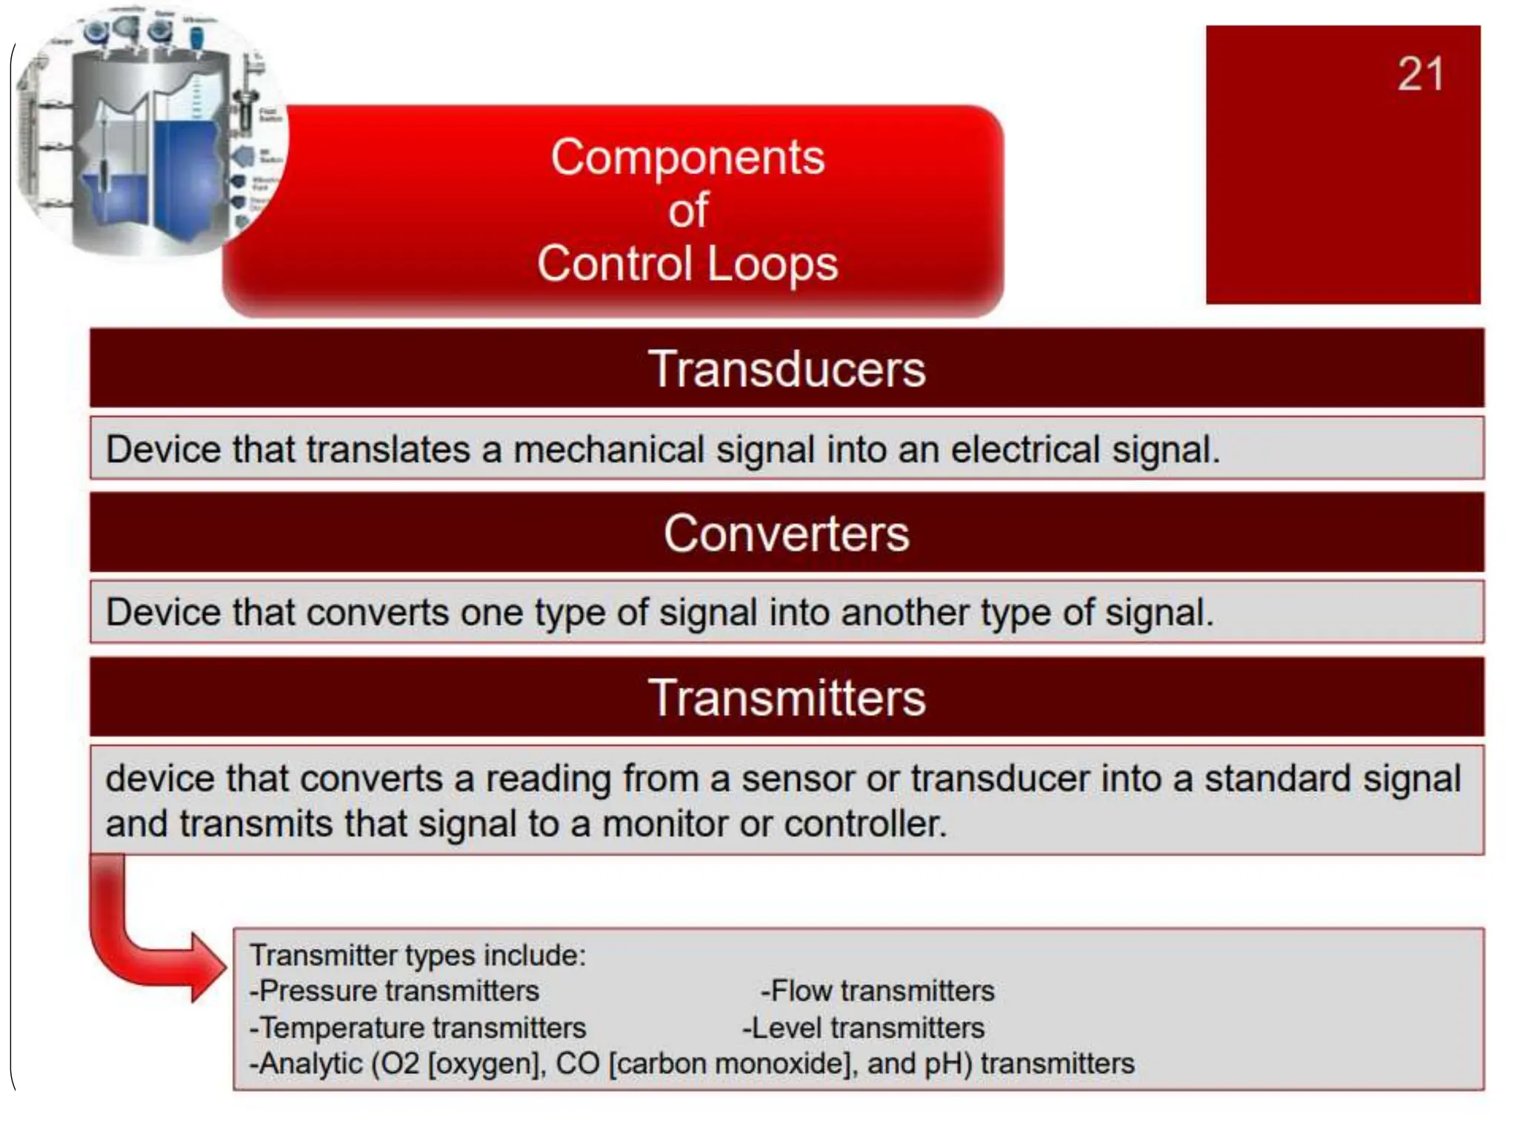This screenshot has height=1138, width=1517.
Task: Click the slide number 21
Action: point(1420,75)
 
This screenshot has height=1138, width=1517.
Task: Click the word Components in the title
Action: point(687,157)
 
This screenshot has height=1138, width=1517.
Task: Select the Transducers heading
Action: point(787,368)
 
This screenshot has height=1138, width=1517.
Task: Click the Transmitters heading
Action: point(787,697)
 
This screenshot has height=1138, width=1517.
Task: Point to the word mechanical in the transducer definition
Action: point(608,450)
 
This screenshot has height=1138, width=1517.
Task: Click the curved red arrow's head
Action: point(209,967)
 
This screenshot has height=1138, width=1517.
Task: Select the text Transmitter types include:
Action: point(417,955)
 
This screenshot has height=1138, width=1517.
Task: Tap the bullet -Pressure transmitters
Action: point(394,991)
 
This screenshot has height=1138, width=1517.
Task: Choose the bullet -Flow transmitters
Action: point(877,991)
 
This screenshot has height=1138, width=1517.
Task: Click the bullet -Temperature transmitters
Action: point(417,1028)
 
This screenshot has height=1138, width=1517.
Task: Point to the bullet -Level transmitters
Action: point(863,1028)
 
